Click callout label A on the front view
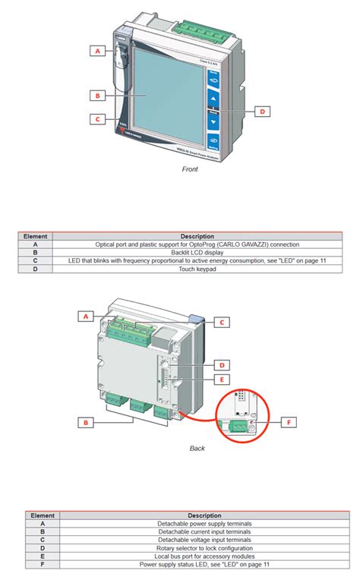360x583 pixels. (96, 51)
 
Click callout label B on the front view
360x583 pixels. (96, 96)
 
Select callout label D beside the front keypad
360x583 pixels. (261, 111)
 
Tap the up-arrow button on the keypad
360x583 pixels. (213, 99)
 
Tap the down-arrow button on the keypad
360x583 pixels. (213, 121)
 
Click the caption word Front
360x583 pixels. (190, 169)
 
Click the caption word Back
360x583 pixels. (197, 448)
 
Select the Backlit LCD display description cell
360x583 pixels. (197, 253)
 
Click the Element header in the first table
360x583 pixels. (36, 237)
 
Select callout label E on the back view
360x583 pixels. (220, 379)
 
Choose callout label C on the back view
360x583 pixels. (221, 322)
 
